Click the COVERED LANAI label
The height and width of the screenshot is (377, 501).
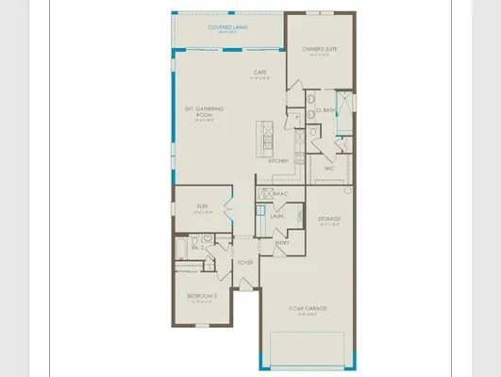(x=227, y=28)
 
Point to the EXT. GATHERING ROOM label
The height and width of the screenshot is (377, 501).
(x=202, y=113)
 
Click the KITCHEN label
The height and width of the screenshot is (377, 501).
(x=278, y=160)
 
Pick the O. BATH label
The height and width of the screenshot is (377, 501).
(x=326, y=110)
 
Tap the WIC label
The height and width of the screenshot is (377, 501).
(x=330, y=169)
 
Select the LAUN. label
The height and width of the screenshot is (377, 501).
(x=277, y=216)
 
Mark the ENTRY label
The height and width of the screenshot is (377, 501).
(x=282, y=243)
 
